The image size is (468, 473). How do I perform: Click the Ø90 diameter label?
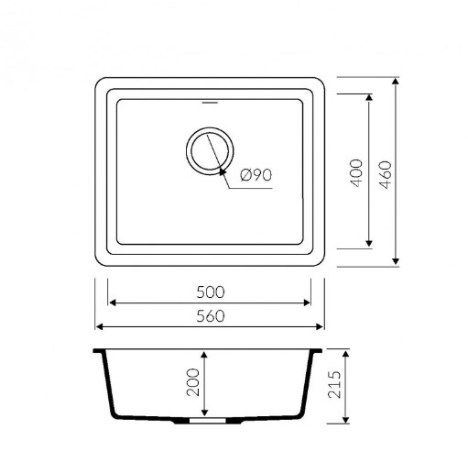[256, 175]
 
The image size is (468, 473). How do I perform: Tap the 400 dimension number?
[356, 173]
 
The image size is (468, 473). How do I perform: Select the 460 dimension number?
[385, 175]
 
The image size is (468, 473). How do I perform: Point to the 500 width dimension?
[211, 292]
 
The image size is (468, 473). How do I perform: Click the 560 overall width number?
[211, 316]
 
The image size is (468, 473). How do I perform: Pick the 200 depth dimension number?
[192, 382]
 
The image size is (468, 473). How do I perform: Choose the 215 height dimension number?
[334, 384]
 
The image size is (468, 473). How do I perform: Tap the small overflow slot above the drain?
[210, 103]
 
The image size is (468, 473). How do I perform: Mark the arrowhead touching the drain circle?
[223, 171]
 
